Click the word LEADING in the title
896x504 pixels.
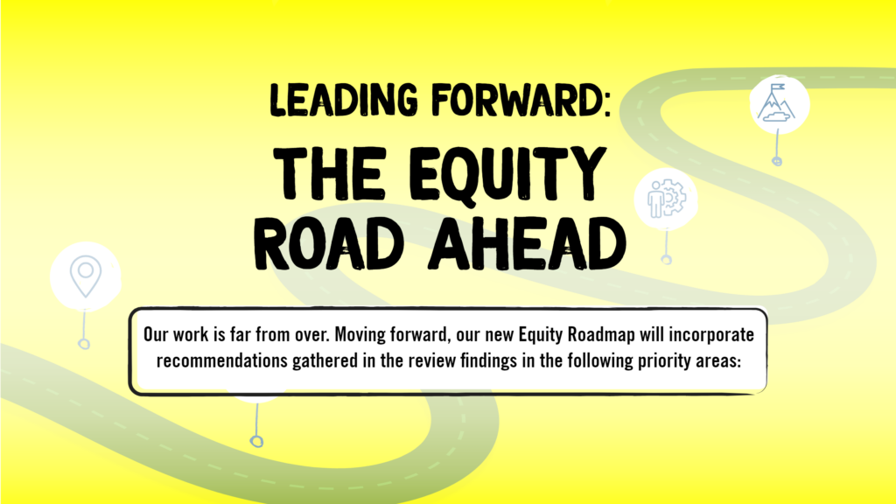[344, 100]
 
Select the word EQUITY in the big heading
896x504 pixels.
[507, 174]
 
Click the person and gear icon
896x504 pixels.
[666, 199]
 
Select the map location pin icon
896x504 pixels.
[86, 276]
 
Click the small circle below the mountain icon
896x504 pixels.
[777, 161]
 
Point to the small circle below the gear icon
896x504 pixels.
[666, 260]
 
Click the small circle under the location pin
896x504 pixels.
[84, 344]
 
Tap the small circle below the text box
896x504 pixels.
[256, 441]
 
